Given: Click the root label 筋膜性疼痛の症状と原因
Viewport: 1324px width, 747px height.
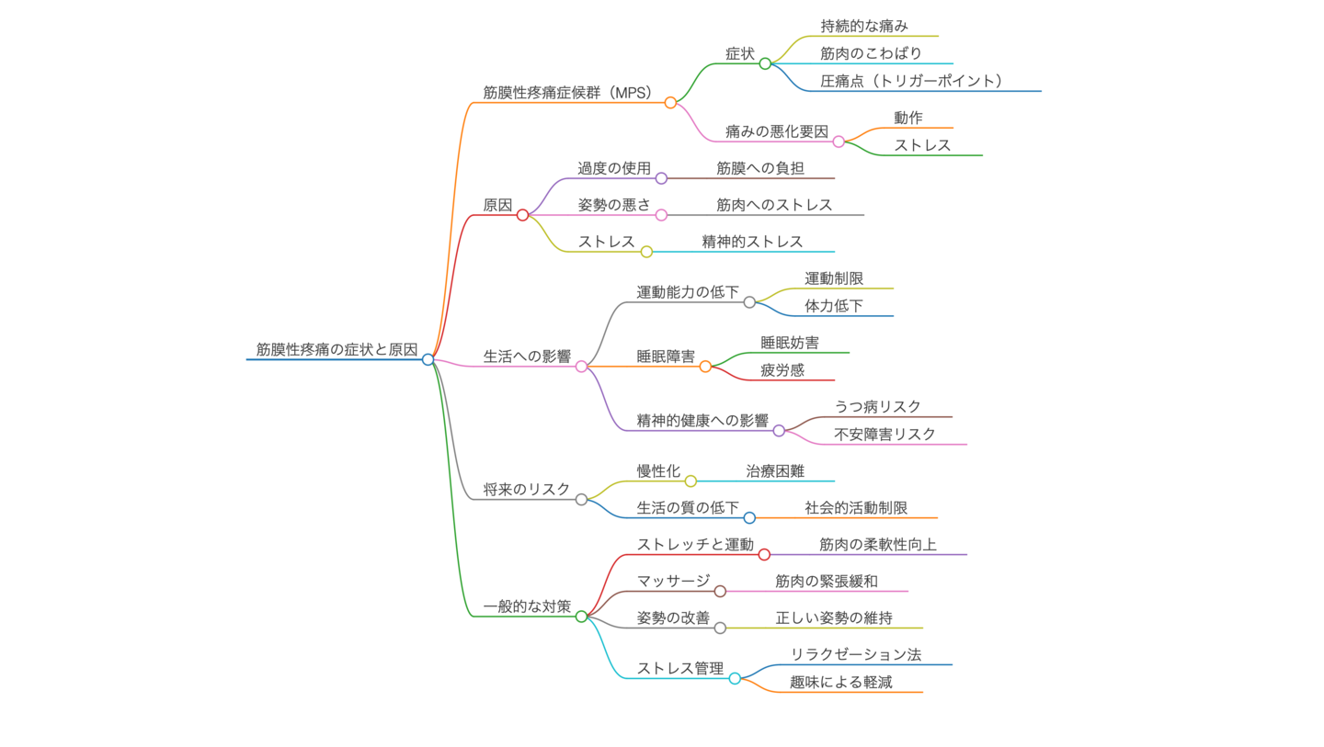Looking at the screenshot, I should tap(337, 349).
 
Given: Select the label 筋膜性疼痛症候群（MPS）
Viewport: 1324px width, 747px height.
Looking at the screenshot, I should tap(567, 92).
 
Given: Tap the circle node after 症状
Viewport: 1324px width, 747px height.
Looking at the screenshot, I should tap(765, 63).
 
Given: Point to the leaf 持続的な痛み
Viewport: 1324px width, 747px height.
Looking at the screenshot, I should tap(864, 26).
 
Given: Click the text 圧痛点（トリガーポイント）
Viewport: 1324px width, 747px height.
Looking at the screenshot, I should tap(911, 81).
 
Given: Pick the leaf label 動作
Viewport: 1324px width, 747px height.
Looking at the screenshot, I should tap(908, 118).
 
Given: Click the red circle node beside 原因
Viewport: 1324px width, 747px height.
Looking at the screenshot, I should tap(522, 215).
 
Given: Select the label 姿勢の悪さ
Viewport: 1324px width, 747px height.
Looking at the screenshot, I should tap(614, 205).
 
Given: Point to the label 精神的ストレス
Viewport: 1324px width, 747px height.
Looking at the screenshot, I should tap(753, 242).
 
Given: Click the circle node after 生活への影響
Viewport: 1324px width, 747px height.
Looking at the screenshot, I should tap(581, 367).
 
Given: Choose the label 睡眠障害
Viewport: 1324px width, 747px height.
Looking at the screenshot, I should tap(666, 356).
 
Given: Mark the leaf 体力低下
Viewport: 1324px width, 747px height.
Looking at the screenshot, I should tap(834, 306).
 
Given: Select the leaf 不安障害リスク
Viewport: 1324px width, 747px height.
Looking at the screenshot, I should tap(885, 434).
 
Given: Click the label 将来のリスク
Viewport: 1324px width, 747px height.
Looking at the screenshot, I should tap(527, 489).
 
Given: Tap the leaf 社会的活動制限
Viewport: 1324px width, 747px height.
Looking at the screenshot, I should tap(856, 507).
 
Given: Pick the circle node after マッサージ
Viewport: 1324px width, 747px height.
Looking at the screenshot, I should tap(720, 592).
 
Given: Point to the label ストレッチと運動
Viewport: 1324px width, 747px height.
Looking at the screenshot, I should tap(695, 544).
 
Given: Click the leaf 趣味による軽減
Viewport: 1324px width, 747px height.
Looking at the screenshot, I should tap(840, 682).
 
